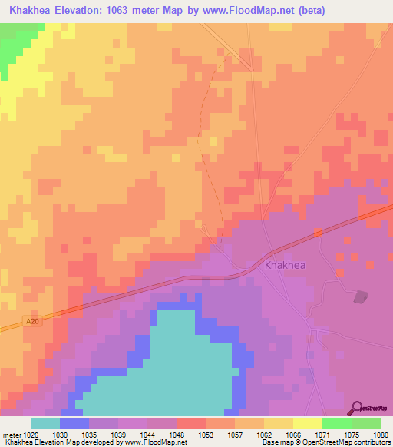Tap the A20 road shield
(x=31, y=321)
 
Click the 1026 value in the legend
(x=30, y=434)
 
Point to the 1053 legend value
(x=206, y=434)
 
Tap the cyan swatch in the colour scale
(x=45, y=423)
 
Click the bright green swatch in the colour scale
(x=336, y=423)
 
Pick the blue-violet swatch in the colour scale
(x=74, y=423)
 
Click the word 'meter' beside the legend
(x=11, y=434)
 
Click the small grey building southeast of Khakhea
(x=360, y=296)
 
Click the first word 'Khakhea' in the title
(x=29, y=11)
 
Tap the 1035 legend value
(x=89, y=434)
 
